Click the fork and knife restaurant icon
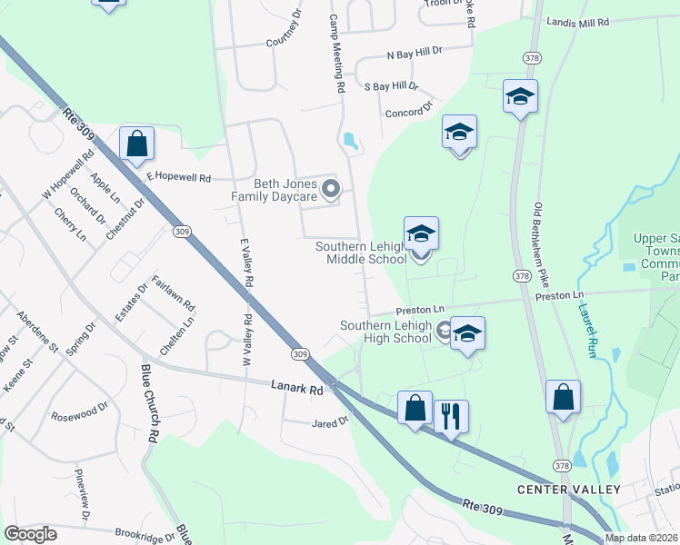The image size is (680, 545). (451, 416)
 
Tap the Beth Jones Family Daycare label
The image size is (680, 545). (273, 190)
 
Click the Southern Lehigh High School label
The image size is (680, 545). (385, 332)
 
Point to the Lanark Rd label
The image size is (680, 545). (297, 389)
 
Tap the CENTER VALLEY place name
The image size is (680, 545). (568, 490)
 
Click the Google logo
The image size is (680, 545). (30, 534)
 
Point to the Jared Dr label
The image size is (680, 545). (330, 422)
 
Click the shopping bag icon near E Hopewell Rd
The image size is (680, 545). (136, 143)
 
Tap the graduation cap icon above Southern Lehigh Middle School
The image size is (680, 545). (422, 234)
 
